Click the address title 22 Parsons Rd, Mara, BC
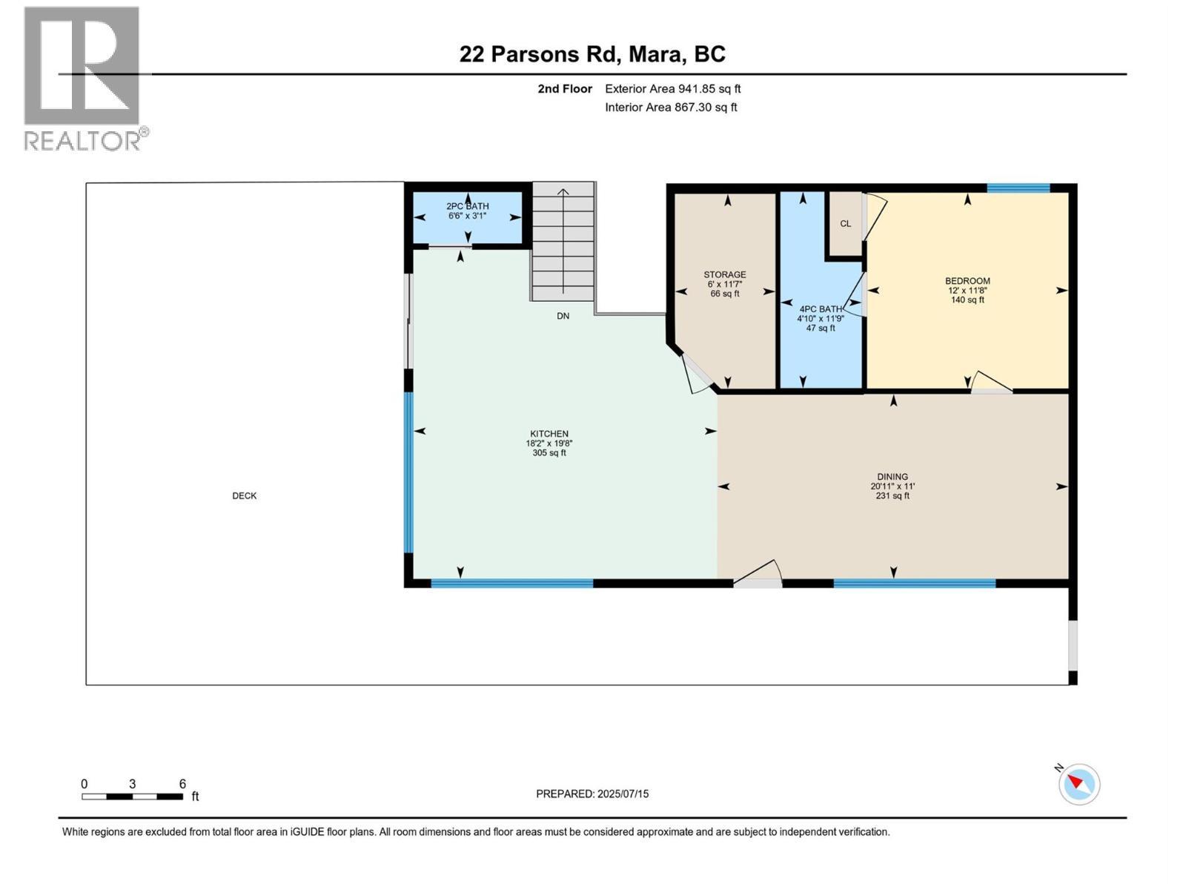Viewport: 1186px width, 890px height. click(592, 54)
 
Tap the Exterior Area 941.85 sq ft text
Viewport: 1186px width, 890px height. click(672, 89)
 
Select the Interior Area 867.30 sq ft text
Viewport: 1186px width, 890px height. click(671, 108)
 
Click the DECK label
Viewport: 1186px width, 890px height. click(244, 496)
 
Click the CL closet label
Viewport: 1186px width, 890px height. click(845, 224)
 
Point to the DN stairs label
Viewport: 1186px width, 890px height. click(563, 316)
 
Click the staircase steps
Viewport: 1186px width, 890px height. click(563, 245)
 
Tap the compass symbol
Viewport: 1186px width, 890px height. click(1079, 785)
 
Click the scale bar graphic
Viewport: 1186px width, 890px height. click(133, 797)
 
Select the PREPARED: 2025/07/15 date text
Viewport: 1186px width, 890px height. click(592, 794)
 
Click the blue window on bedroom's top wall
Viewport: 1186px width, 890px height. click(1018, 188)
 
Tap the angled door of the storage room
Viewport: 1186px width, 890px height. click(695, 373)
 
